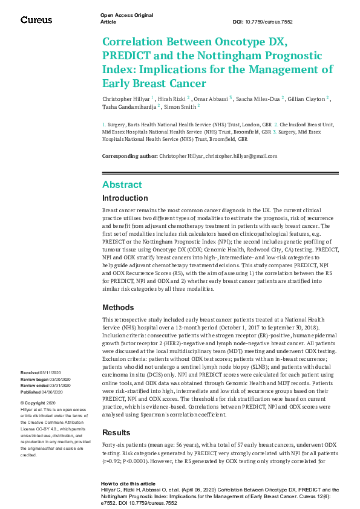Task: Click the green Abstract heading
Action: tap(122, 184)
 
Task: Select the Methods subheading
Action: tap(118, 308)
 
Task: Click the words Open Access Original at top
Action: tap(126, 15)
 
